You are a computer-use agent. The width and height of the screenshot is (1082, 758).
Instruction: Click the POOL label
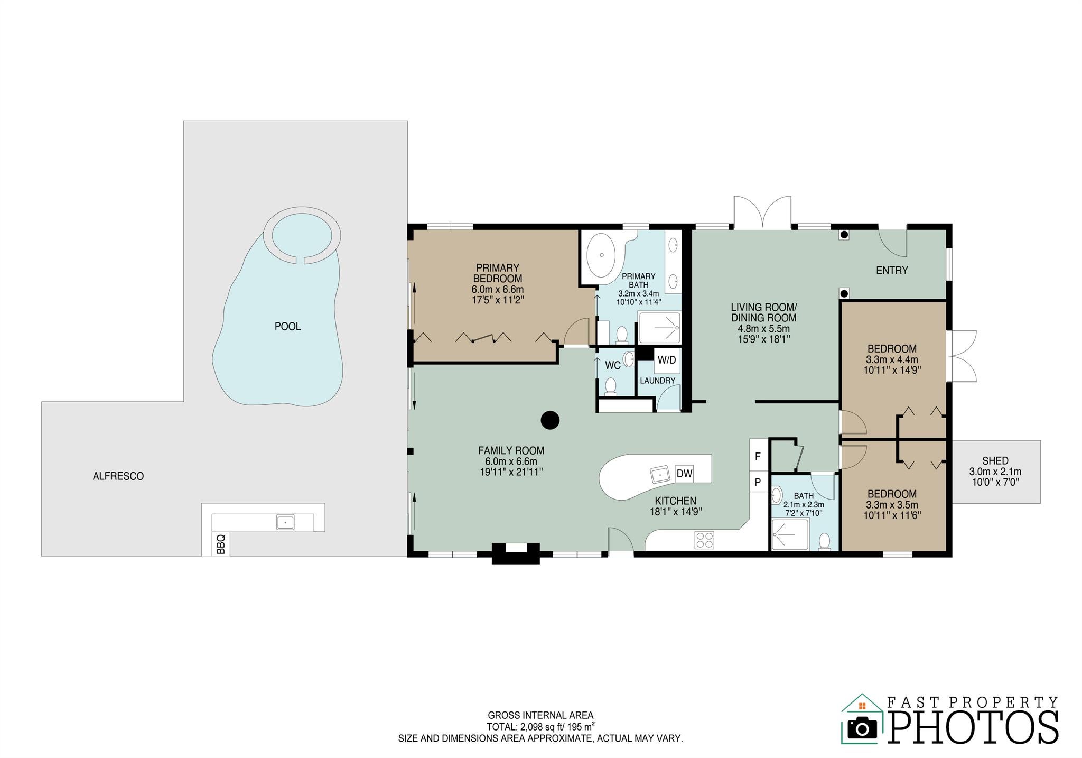click(x=287, y=327)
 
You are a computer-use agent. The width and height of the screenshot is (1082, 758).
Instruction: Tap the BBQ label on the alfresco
click(x=221, y=544)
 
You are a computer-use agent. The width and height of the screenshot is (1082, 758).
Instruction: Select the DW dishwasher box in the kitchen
click(x=684, y=474)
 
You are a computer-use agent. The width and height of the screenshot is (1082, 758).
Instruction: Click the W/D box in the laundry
click(x=666, y=360)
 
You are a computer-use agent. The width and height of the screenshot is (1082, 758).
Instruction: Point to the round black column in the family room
click(x=550, y=420)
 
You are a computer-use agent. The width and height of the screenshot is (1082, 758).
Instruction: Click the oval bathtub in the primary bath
click(x=601, y=254)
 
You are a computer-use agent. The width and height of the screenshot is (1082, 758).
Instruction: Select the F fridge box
click(x=758, y=456)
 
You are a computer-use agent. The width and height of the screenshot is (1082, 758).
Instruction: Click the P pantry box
click(x=758, y=482)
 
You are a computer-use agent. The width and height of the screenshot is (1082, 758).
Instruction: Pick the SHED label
click(x=995, y=461)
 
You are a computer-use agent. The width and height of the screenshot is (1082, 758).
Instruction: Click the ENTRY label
click(x=892, y=271)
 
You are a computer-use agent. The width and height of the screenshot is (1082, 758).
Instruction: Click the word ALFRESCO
click(x=118, y=476)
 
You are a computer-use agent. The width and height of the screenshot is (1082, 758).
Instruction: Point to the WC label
click(x=612, y=365)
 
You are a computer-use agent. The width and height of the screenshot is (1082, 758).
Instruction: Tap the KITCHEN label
click(x=675, y=501)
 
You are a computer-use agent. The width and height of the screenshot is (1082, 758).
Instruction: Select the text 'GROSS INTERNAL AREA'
click(x=540, y=715)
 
